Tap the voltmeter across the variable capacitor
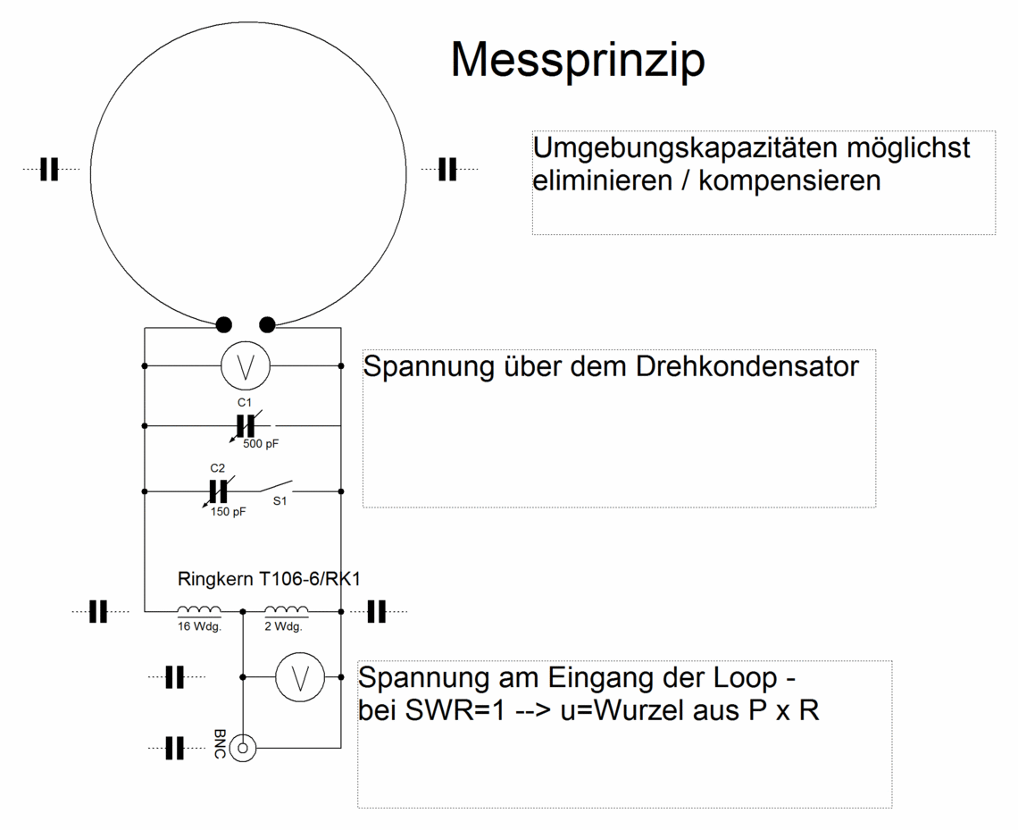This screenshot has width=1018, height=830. click(x=246, y=366)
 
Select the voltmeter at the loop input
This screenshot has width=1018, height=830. click(x=300, y=677)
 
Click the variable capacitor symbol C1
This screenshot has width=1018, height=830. click(x=246, y=426)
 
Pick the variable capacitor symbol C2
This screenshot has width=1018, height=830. click(x=218, y=491)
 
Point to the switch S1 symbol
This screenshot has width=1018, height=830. click(x=275, y=486)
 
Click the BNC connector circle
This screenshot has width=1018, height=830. click(x=243, y=748)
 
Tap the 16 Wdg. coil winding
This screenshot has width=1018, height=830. click(x=199, y=610)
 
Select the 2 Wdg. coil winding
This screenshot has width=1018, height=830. click(x=287, y=610)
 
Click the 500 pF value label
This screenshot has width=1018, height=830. click(x=261, y=444)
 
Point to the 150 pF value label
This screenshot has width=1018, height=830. click(x=228, y=512)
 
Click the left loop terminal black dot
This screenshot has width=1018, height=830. click(x=223, y=324)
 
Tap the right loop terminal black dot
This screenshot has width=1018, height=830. click(x=267, y=324)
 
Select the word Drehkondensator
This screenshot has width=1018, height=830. click(x=747, y=366)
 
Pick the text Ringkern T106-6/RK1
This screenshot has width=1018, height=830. click(x=269, y=579)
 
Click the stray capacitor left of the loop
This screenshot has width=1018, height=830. click(x=49, y=170)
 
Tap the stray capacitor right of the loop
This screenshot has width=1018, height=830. click(x=447, y=170)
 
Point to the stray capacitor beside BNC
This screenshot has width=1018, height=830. click(x=175, y=748)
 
